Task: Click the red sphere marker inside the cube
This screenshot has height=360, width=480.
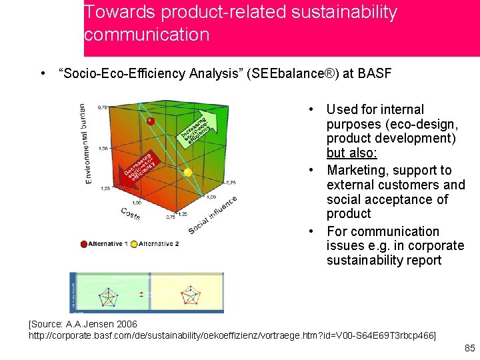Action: (151, 121)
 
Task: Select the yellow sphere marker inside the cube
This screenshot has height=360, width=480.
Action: (188, 172)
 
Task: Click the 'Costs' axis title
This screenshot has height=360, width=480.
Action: (131, 214)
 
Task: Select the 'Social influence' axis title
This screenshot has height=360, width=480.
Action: (213, 215)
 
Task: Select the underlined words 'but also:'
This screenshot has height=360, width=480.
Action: (352, 153)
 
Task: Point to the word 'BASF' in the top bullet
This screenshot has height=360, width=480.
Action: (375, 73)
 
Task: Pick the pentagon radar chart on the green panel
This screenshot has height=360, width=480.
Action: (107, 295)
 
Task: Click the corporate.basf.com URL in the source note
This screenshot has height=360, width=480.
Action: (232, 335)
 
